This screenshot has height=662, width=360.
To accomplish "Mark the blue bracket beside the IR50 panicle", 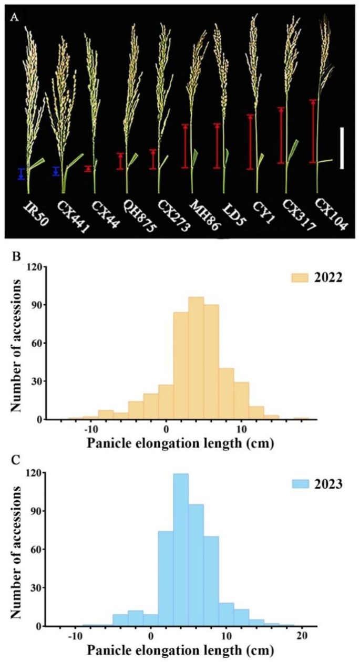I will click(x=21, y=174).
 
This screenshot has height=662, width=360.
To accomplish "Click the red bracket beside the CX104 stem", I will click(x=313, y=131).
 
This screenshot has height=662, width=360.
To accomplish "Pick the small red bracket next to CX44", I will click(x=88, y=169).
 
